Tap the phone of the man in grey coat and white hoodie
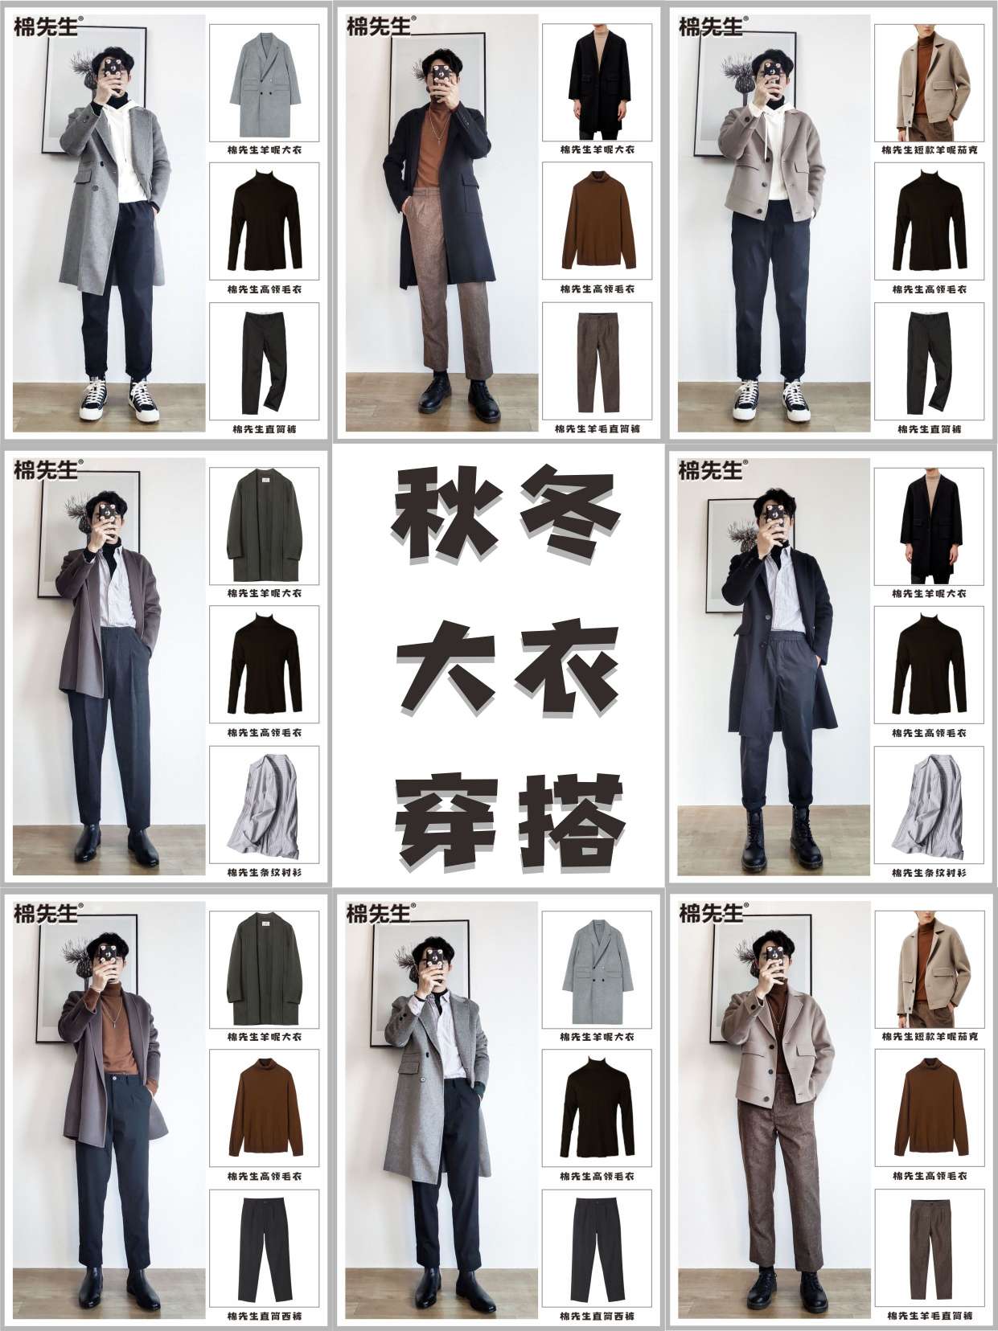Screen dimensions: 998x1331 coord(109,71)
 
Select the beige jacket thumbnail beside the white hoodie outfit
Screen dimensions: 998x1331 coord(930,84)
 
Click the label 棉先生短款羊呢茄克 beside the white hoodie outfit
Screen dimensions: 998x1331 coord(930,149)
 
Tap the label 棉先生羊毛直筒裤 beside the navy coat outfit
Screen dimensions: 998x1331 coord(598,429)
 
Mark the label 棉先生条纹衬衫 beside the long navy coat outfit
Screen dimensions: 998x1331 coord(930,873)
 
